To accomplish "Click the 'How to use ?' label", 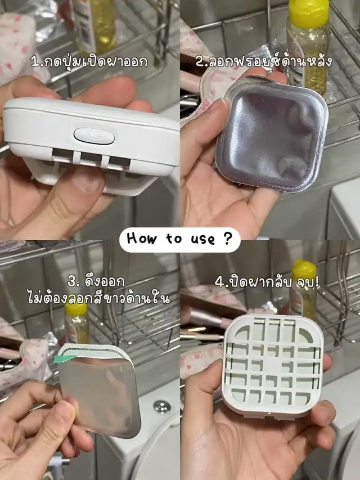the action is [x=179, y=239].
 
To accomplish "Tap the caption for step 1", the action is [x=89, y=61].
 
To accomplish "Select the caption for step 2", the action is [x=264, y=61].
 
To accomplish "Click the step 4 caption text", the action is [x=267, y=282].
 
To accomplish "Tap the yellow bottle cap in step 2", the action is [x=309, y=10].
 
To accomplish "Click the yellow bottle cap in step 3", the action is [x=76, y=308].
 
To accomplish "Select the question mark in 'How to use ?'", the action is [x=227, y=239].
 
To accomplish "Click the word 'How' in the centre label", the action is [x=141, y=239].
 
